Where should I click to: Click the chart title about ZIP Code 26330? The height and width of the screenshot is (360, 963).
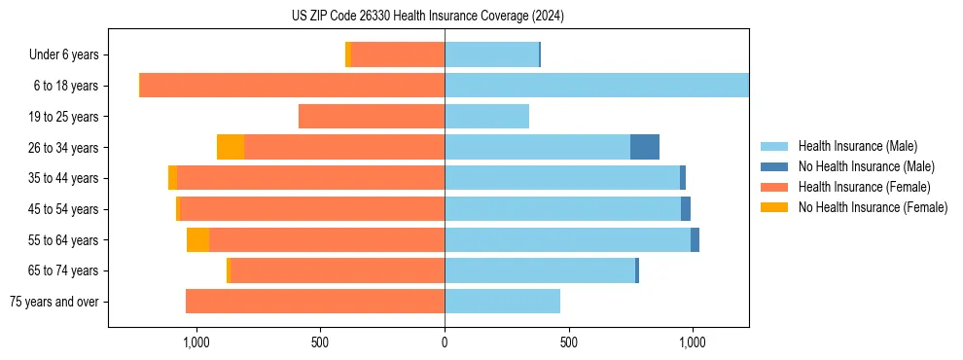427,17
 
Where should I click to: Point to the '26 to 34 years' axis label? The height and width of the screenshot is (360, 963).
63,147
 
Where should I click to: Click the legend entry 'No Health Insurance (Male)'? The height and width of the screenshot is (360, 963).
866,166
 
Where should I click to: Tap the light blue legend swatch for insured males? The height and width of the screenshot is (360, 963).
774,146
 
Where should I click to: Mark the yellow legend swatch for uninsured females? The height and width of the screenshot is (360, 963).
774,207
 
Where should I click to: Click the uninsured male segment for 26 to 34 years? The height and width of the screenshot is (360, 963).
645,147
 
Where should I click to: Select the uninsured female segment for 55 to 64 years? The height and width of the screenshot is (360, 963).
197,239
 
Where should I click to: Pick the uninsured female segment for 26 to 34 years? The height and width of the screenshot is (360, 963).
231,147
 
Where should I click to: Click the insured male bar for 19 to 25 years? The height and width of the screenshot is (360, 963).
486,117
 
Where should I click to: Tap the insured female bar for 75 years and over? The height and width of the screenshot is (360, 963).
315,302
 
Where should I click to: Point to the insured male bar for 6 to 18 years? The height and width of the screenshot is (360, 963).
596,86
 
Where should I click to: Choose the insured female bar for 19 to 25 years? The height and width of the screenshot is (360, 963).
372,117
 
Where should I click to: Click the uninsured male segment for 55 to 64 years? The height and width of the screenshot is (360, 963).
695,239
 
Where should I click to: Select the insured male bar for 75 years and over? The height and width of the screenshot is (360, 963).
502,302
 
